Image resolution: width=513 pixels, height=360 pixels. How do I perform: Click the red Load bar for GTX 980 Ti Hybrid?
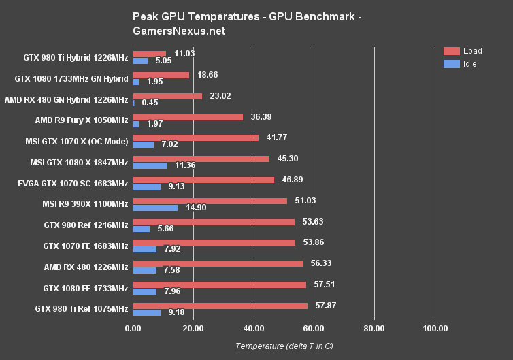pos(150,54)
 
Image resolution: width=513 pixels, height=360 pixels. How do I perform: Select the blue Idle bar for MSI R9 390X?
pos(156,208)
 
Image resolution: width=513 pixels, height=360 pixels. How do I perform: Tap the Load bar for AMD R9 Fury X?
pos(188,117)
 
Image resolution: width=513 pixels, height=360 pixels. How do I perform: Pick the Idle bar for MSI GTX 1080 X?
pos(150,165)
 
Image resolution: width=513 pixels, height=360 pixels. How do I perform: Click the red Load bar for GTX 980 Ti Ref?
pos(220,306)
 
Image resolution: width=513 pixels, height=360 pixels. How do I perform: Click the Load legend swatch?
pos(451,51)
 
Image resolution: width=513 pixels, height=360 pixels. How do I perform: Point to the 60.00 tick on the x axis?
pos(314,329)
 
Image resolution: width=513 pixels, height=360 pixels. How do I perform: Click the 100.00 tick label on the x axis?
pos(435,329)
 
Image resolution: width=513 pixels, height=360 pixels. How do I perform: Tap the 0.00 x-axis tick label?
pos(133,329)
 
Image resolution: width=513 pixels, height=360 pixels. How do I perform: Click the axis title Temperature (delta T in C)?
pos(284,346)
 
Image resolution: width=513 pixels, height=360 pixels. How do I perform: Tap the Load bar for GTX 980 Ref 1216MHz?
pos(214,222)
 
